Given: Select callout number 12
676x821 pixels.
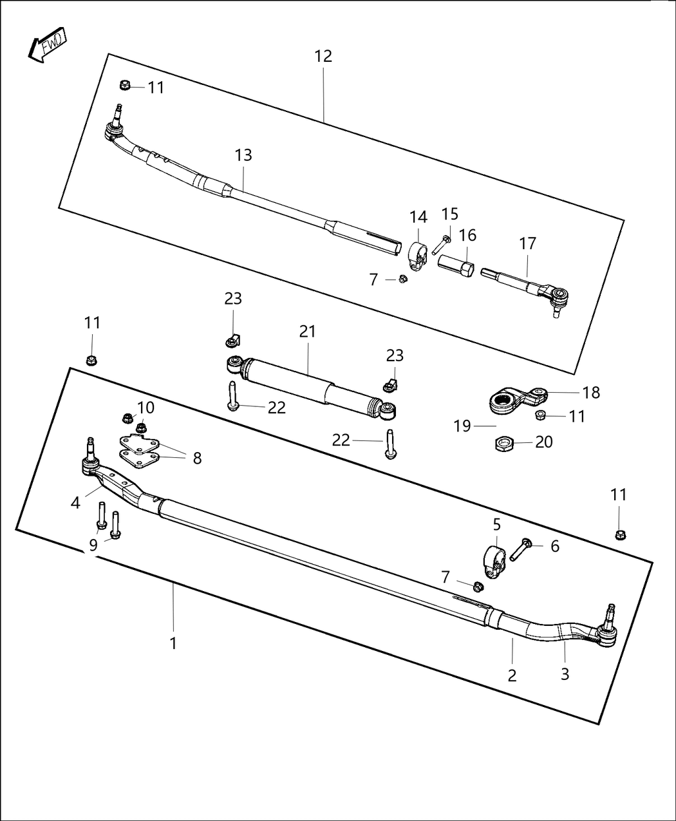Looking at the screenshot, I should (323, 56).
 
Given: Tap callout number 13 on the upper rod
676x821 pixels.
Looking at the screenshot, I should (243, 155).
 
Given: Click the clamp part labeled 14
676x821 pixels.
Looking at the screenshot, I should (417, 255).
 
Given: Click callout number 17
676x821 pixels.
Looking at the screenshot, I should (527, 244).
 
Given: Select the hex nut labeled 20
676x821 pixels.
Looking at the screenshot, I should (504, 443).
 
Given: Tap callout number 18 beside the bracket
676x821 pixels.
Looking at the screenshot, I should (590, 392).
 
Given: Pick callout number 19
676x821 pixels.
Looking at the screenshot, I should (462, 426).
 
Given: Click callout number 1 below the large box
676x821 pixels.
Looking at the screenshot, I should (173, 643).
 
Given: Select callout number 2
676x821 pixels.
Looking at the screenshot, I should (512, 675).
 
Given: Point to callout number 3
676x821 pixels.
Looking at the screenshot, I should (565, 674).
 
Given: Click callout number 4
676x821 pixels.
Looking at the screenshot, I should (76, 503).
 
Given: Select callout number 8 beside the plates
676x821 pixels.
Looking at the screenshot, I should (197, 458).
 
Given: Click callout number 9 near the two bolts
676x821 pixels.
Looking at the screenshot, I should (93, 545).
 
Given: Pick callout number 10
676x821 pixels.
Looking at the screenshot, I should (146, 408).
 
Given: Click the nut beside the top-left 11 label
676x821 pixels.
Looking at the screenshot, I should (126, 85).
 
